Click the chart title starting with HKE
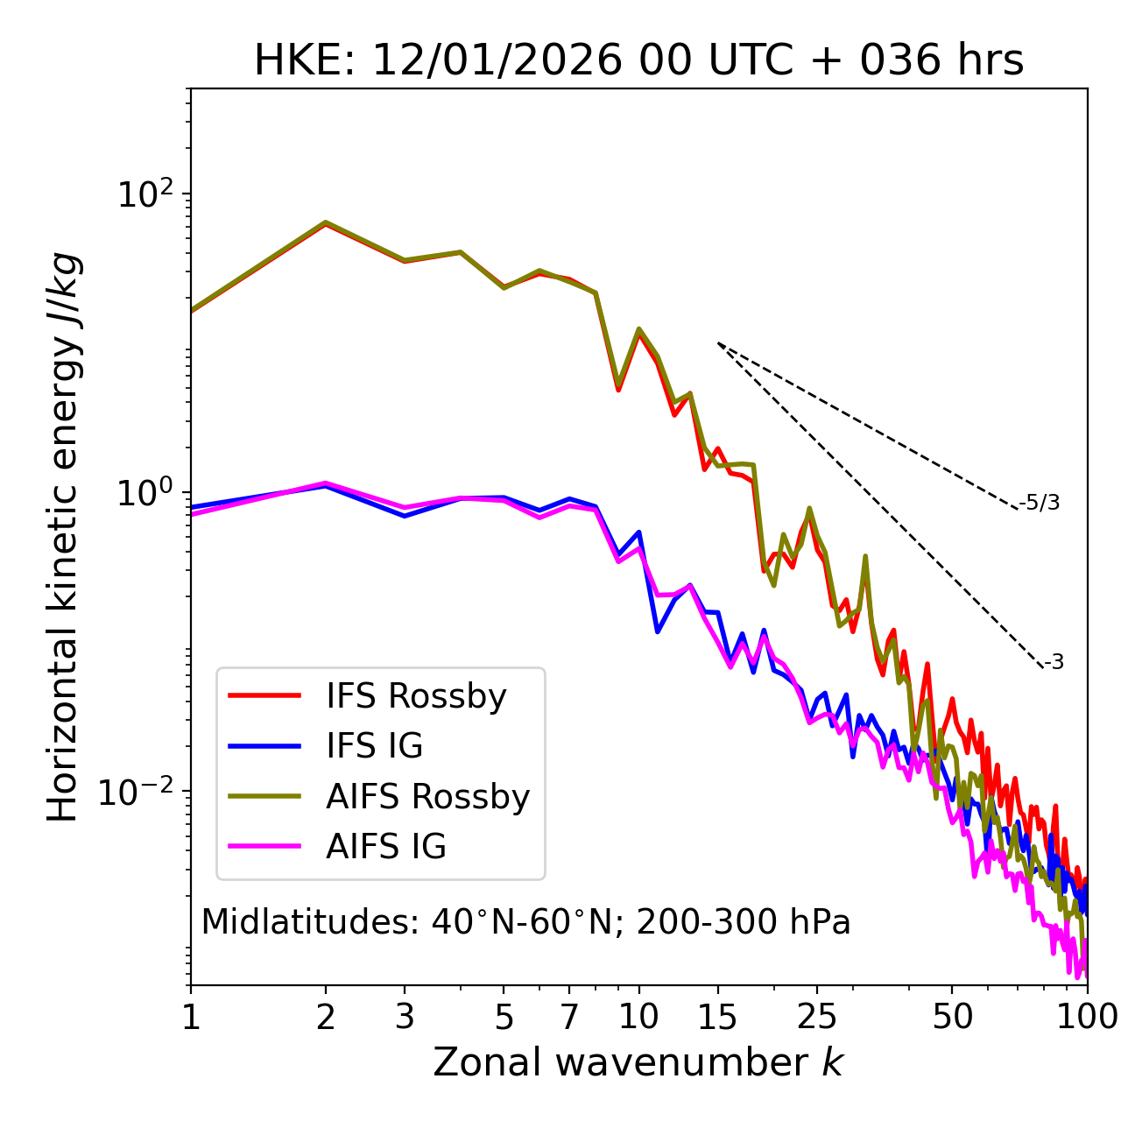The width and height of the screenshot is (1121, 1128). click(638, 61)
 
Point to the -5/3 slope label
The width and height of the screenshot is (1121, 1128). click(1040, 503)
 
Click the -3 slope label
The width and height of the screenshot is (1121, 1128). click(1054, 663)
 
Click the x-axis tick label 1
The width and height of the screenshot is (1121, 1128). click(191, 1017)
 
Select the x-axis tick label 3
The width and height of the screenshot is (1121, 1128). click(405, 1017)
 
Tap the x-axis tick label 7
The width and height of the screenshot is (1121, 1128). click(569, 1017)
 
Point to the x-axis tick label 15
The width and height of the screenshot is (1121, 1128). click(717, 1017)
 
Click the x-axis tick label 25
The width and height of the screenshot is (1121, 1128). click(817, 1017)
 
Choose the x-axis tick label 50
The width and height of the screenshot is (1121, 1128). click(952, 1017)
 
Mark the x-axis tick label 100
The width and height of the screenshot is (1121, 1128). click(1087, 1017)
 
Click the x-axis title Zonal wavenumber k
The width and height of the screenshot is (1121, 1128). click(638, 1062)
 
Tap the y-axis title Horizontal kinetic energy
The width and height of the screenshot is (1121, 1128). click(65, 536)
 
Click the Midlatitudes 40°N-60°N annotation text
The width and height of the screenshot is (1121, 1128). click(525, 922)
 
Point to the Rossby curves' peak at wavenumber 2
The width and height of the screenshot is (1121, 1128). click(326, 222)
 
